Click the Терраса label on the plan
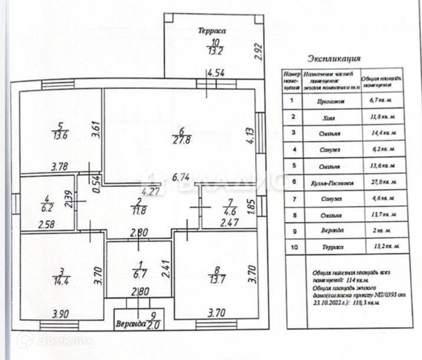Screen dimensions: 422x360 212,31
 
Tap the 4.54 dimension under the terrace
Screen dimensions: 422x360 216,73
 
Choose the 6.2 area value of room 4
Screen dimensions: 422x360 46,208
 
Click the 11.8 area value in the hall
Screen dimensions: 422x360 139,212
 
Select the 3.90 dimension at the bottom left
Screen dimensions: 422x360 61,315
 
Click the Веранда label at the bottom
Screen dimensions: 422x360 131,323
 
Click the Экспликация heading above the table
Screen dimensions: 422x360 334,58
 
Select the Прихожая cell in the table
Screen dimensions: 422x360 331,101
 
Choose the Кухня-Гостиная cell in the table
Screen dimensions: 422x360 331,182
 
